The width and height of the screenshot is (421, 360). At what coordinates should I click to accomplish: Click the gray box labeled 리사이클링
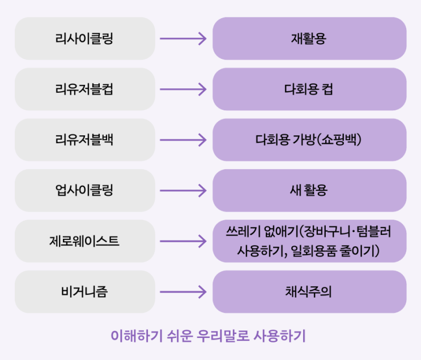tap(85, 38)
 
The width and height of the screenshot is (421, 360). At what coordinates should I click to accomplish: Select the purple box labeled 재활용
tap(309, 38)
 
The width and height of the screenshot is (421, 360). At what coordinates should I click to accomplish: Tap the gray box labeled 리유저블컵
tap(85, 89)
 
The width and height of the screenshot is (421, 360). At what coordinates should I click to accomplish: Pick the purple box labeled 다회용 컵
tap(309, 89)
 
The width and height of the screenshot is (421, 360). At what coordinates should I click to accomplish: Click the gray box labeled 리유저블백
tap(85, 140)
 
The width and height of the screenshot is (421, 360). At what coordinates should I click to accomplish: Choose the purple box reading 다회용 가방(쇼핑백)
tap(309, 140)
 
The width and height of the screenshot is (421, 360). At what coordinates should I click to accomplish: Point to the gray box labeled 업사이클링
tap(85, 190)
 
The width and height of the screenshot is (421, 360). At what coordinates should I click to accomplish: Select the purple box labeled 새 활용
tap(309, 190)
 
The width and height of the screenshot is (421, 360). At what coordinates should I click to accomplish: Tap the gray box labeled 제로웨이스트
tap(85, 241)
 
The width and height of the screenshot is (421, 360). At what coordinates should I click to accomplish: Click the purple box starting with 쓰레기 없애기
tap(309, 241)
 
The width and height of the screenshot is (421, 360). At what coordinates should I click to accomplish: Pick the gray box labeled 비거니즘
tap(85, 292)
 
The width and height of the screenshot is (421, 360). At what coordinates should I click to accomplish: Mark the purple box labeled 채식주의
tap(309, 292)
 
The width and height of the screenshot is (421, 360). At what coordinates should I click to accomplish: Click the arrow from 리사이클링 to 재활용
tap(183, 38)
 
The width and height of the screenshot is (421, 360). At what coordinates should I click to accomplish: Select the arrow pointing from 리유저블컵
tap(183, 89)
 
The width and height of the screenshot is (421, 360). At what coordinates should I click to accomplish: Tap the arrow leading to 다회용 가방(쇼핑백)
tap(183, 140)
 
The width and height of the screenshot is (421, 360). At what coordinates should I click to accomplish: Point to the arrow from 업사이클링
tap(183, 190)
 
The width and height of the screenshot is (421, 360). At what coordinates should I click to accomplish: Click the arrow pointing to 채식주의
tap(183, 292)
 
